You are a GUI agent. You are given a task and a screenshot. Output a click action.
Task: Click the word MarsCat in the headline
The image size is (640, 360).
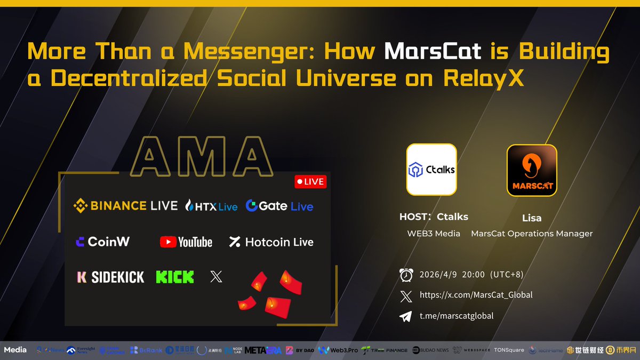433,52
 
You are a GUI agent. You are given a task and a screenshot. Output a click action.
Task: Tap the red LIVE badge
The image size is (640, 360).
310,181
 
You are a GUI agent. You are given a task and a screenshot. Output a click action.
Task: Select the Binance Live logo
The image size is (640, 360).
125,205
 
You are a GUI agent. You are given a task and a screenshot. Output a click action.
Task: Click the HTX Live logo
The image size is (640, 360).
211,206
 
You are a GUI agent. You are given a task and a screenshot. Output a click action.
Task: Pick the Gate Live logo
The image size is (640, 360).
279,206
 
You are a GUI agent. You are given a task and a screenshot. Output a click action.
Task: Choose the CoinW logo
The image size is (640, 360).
102,242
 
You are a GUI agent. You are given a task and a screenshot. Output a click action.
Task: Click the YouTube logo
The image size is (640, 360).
186,242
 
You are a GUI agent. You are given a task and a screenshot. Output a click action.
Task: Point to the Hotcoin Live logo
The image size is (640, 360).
271,242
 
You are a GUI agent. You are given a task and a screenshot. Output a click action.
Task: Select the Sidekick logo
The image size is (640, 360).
110,277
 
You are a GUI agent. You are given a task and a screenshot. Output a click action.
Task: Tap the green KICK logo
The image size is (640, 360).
175,277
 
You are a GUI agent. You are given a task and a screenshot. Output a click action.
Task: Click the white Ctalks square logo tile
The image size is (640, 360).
431,170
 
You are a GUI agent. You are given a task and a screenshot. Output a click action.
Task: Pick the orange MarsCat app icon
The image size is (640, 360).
532,170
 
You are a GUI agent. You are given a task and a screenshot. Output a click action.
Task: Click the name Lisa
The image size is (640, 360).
531,217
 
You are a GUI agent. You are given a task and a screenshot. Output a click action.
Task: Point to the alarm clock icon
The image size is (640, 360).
406,275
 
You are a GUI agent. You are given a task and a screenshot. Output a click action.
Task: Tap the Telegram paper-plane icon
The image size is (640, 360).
406,316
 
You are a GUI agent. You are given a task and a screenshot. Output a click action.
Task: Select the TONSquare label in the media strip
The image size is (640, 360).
508,350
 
